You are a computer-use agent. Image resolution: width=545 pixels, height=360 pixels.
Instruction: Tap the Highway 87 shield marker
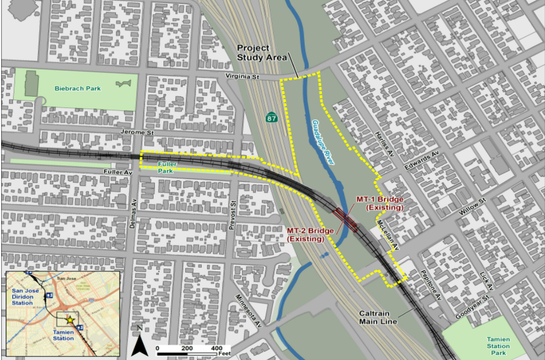point(272,117)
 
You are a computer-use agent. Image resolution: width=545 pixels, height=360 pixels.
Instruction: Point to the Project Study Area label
point(261,53)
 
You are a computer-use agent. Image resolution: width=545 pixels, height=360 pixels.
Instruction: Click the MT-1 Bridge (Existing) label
point(384,204)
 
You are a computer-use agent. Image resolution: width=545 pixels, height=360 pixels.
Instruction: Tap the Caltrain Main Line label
point(378,318)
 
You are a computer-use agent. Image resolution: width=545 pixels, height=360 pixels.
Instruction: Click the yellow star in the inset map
point(70,320)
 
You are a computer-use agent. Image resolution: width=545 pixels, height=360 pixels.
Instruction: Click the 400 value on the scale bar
point(217,348)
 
